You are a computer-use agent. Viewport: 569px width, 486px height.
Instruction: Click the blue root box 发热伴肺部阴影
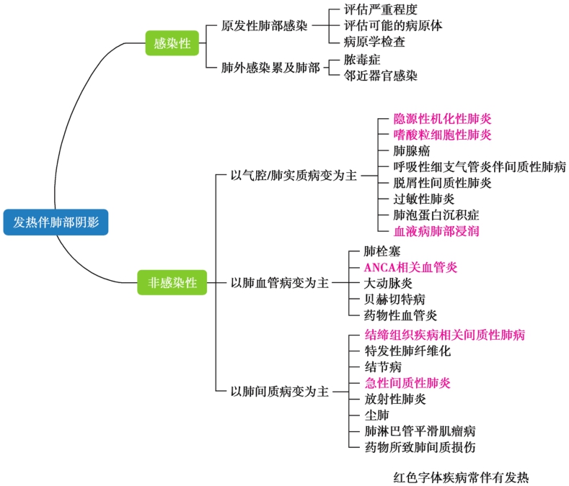tap(56, 222)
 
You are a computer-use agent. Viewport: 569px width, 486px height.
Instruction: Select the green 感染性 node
tap(172, 43)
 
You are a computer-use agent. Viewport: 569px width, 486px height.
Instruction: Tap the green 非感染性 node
tap(172, 283)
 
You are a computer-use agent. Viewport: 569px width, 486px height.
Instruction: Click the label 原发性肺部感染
tap(265, 26)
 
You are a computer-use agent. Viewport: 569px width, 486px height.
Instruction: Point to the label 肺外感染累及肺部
tap(271, 68)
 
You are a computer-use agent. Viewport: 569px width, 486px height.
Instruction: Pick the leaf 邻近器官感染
tap(380, 76)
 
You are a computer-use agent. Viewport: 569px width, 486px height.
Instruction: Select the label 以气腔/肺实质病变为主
tap(294, 175)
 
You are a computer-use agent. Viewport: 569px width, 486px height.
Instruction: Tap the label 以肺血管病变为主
tap(279, 283)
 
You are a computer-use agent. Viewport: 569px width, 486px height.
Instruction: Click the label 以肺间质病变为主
tap(279, 392)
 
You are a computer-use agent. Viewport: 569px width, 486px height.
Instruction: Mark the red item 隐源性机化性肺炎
tap(442, 119)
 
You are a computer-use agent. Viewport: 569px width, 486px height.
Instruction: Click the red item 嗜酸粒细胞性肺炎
tap(442, 135)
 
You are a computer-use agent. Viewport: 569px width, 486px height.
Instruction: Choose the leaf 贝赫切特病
tap(394, 299)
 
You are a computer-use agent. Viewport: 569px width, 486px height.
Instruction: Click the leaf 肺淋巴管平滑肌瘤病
tap(420, 431)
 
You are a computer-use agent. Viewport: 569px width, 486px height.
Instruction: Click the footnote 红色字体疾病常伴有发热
tap(462, 476)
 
